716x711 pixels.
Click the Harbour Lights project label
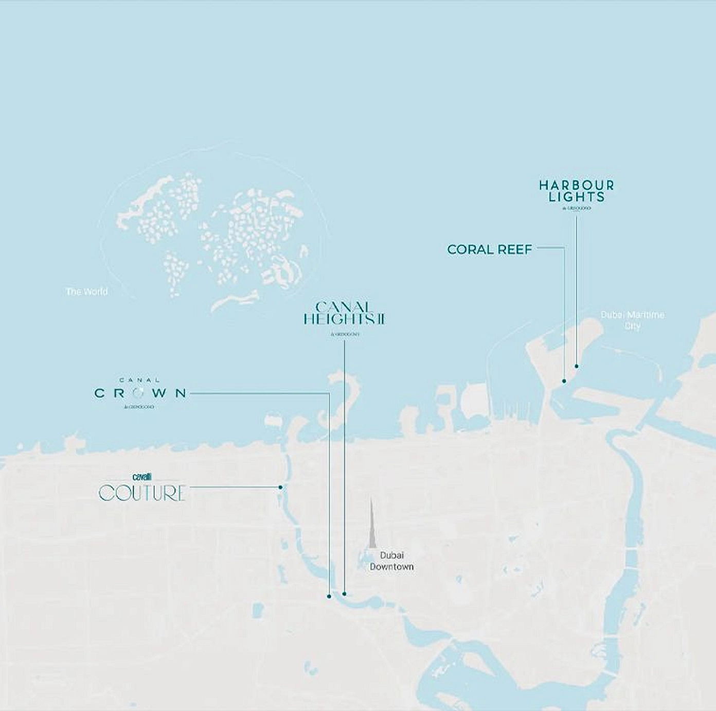[x=577, y=192]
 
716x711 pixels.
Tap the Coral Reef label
[x=489, y=250]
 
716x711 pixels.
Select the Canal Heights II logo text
[x=344, y=315]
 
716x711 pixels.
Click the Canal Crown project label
[x=140, y=393]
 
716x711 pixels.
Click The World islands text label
[x=87, y=291]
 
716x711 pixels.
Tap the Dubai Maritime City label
[x=633, y=320]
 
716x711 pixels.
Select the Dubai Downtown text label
[x=392, y=561]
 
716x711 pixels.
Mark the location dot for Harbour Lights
[x=577, y=366]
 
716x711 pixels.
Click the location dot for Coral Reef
[x=564, y=381]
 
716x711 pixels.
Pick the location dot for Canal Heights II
[x=345, y=594]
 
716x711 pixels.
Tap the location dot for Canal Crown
[x=329, y=596]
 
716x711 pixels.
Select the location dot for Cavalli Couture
[x=280, y=487]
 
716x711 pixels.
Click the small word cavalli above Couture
[x=141, y=476]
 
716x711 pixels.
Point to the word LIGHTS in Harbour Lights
[x=577, y=197]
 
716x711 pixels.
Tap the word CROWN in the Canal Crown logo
[x=140, y=393]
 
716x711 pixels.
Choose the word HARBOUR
[x=577, y=185]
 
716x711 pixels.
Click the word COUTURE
[x=142, y=493]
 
